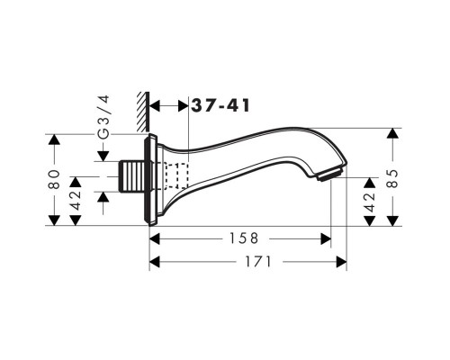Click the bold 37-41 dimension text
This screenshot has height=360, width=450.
point(220,105)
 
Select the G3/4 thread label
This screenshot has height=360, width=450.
point(104,117)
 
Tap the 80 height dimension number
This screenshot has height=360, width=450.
point(54,179)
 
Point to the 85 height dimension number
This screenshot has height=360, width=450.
point(392,178)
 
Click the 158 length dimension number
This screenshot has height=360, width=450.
point(244,238)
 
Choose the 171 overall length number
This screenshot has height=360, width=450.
point(258,262)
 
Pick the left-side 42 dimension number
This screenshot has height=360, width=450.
point(76,201)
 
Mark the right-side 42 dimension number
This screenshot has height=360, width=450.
point(370,202)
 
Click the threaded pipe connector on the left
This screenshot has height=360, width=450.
point(132,176)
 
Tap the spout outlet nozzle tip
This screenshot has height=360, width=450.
point(330,175)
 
